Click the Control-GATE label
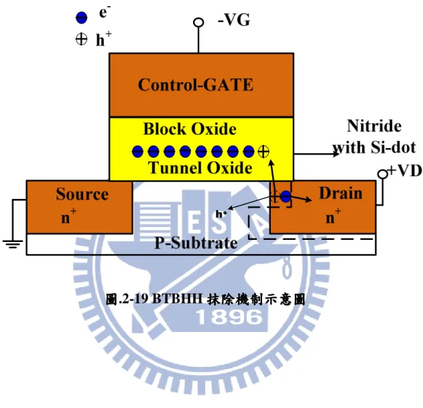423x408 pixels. (x=196, y=85)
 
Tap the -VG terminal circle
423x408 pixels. (x=199, y=22)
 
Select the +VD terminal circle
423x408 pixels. (x=382, y=174)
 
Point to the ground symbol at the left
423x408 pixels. (x=13, y=243)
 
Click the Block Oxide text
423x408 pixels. (x=190, y=128)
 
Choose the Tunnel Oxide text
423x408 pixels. (x=200, y=167)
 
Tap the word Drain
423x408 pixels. (x=340, y=193)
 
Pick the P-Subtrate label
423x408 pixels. (x=196, y=243)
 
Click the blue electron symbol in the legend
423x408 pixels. (x=81, y=18)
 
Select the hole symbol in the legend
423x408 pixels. (x=81, y=40)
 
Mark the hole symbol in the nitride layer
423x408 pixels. (x=263, y=151)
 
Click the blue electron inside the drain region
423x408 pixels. (x=286, y=196)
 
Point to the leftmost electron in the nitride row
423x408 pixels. (x=137, y=151)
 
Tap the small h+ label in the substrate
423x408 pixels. (x=221, y=214)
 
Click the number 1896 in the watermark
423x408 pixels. (x=229, y=316)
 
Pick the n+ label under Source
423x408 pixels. (x=69, y=216)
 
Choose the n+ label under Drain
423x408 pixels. (x=334, y=216)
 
